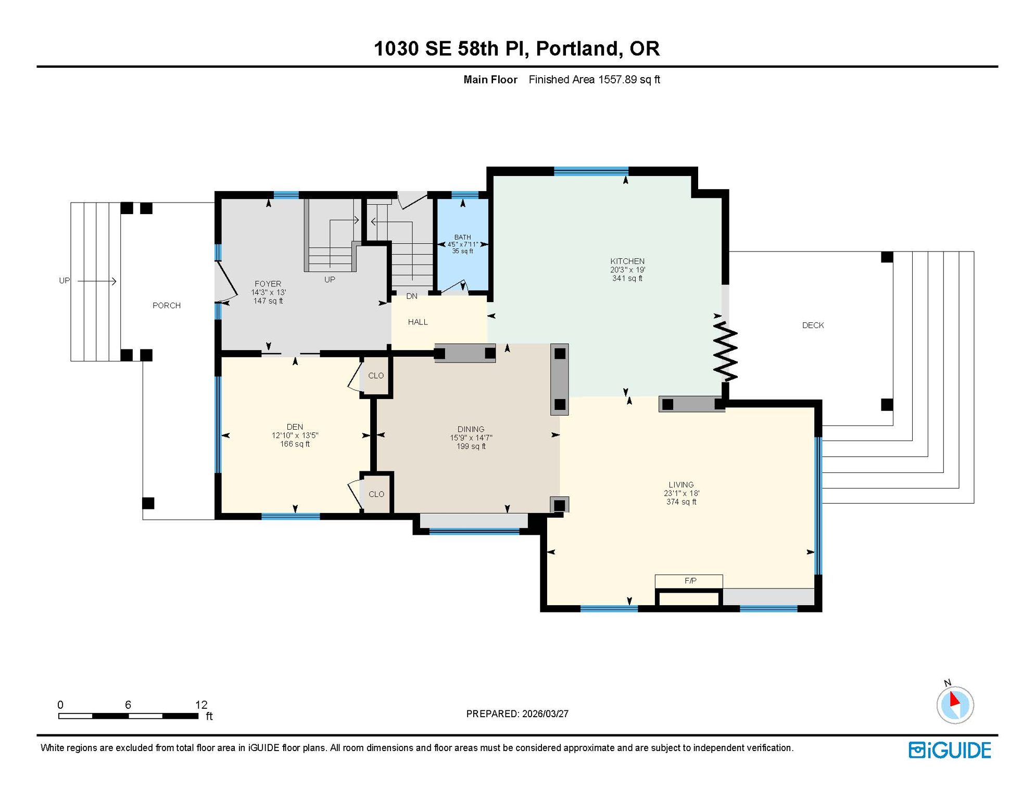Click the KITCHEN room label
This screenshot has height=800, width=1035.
[x=627, y=261]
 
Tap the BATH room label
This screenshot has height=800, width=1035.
[x=462, y=238]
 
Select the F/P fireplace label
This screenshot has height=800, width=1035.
[x=690, y=581]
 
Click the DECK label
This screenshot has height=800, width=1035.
[x=813, y=326]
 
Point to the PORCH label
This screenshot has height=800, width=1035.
[x=167, y=306]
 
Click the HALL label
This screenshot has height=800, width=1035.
[x=418, y=322]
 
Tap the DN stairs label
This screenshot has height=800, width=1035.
[x=412, y=296]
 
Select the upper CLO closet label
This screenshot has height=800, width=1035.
[x=376, y=376]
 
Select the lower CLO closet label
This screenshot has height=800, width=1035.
[x=376, y=494]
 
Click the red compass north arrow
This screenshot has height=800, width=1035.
[x=954, y=699]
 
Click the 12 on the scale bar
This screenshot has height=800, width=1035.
[x=201, y=705]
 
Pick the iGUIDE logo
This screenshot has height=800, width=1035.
[x=950, y=751]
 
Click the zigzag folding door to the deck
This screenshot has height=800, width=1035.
[x=725, y=352]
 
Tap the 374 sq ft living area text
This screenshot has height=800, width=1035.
[x=681, y=502]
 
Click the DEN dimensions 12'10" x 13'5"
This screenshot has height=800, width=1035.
[x=295, y=436]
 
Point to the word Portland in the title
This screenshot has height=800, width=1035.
[x=577, y=48]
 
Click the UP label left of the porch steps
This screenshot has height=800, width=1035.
[x=64, y=281]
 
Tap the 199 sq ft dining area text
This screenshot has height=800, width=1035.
[x=471, y=447]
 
